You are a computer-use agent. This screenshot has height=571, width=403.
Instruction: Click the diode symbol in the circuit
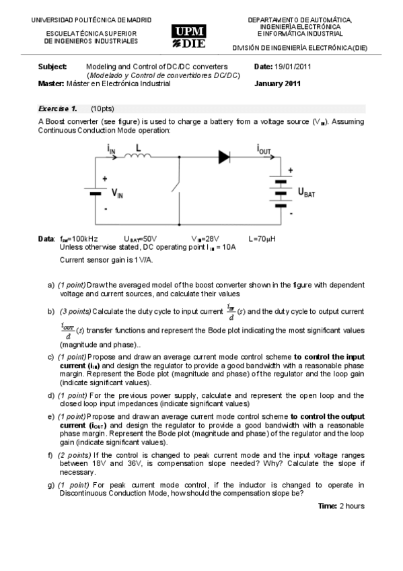(224, 158)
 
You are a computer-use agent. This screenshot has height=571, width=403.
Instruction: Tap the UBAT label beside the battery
(307, 193)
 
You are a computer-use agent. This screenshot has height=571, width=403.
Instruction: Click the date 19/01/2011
(293, 67)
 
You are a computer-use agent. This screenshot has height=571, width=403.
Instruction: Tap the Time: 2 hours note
(341, 506)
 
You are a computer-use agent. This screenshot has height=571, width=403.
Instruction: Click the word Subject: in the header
(52, 67)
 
